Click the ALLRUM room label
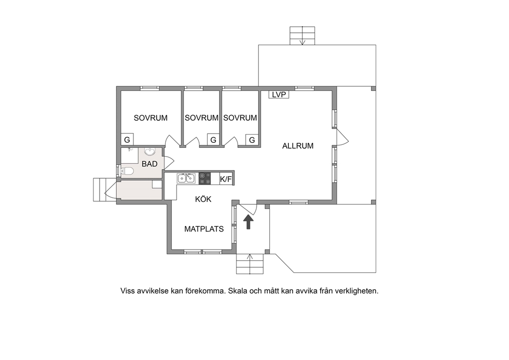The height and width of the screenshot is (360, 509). [298, 146]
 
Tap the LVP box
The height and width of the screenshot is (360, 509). [279, 94]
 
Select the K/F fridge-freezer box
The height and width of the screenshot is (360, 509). [226, 179]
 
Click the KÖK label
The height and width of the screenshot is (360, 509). [203, 199]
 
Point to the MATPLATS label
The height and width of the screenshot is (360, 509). [204, 229]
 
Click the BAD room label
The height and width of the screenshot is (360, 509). [150, 164]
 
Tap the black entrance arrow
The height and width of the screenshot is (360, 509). [248, 222]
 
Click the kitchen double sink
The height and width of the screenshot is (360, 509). [186, 178]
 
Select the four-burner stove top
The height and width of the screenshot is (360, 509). [205, 178]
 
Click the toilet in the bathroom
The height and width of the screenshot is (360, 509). [127, 170]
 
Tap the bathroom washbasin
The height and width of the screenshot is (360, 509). [150, 151]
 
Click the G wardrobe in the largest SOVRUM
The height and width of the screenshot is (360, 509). [127, 140]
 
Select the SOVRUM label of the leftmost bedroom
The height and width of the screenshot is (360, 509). [151, 118]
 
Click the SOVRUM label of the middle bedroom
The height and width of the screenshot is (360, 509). [202, 118]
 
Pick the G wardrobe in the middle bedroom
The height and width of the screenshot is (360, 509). [213, 140]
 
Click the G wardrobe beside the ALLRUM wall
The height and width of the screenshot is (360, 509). [252, 140]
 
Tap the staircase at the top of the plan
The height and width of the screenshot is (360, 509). [302, 36]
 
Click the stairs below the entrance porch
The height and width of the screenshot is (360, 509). [250, 263]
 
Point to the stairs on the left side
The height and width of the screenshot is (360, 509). [101, 190]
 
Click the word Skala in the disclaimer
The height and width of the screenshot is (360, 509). [237, 291]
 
